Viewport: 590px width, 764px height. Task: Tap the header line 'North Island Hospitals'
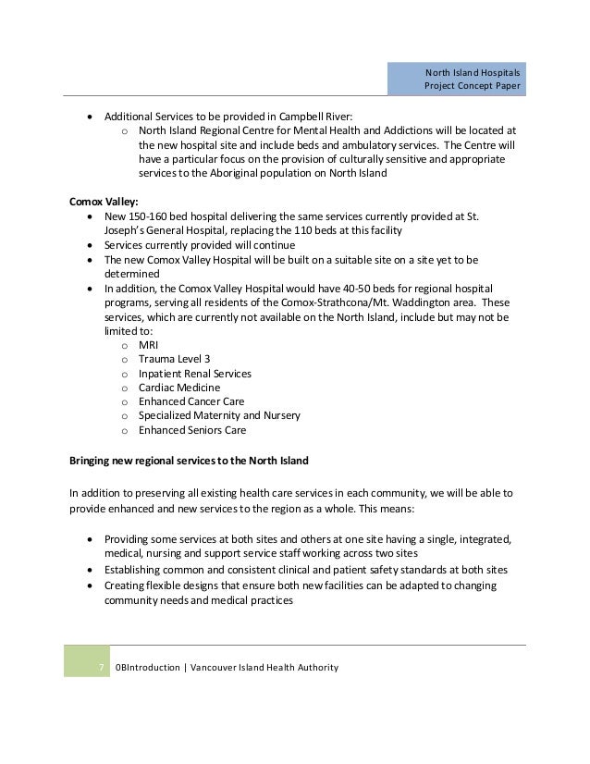click(x=473, y=72)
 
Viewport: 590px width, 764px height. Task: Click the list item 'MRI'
click(x=148, y=344)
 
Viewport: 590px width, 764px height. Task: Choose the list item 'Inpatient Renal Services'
click(x=194, y=373)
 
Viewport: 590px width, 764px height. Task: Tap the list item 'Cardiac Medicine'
click(x=179, y=388)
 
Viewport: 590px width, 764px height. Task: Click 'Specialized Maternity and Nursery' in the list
click(x=219, y=416)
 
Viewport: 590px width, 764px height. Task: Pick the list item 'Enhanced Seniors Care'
click(x=192, y=430)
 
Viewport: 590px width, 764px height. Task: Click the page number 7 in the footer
click(x=101, y=668)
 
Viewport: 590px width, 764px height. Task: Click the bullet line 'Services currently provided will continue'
click(x=200, y=244)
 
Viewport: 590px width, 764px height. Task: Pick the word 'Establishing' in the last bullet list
click(x=133, y=568)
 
